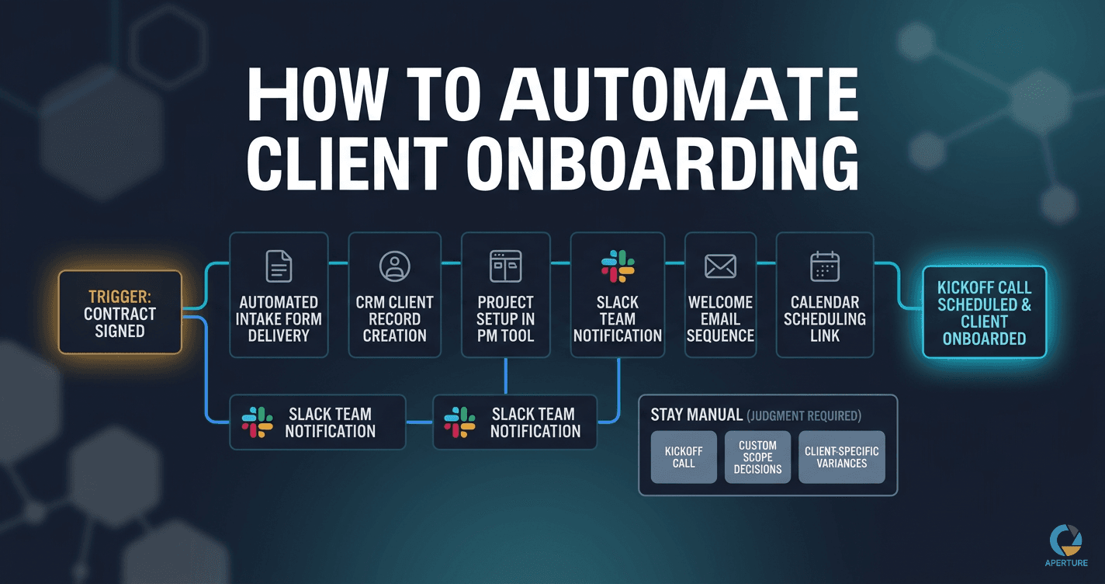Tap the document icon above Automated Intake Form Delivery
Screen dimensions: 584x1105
point(279,266)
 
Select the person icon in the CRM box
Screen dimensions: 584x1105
point(394,266)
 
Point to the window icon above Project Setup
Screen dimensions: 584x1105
point(505,266)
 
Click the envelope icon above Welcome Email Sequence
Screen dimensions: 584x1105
point(720,266)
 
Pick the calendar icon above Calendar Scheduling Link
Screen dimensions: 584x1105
point(824,266)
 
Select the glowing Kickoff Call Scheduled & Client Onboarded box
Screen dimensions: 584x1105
point(984,312)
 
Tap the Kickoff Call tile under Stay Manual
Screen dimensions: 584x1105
point(684,457)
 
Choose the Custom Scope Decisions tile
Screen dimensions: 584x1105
point(757,457)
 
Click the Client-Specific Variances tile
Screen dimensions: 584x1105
point(841,457)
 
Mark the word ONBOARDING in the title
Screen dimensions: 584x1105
point(663,163)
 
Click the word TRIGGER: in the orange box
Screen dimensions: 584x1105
point(120,297)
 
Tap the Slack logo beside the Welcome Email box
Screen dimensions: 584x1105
point(618,266)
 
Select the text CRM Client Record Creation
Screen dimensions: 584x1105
point(394,319)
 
